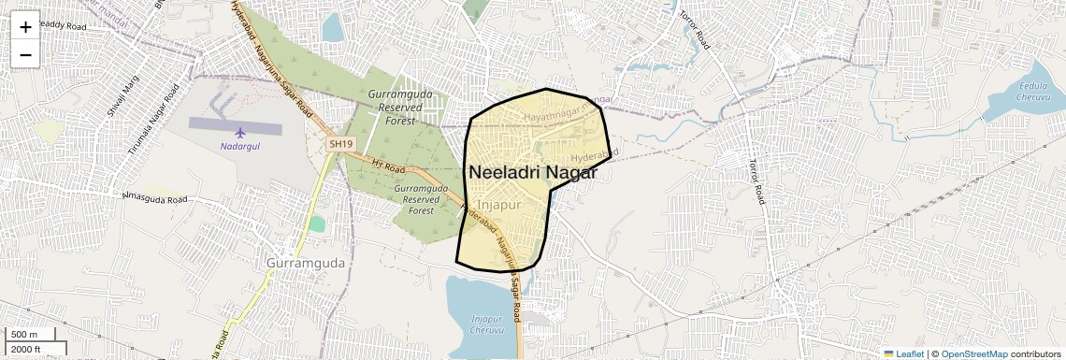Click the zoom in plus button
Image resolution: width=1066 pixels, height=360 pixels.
[25, 26]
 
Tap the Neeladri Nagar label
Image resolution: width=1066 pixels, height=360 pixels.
[532, 172]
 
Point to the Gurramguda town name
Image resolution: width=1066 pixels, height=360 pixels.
[305, 263]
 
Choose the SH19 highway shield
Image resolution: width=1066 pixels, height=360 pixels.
[341, 144]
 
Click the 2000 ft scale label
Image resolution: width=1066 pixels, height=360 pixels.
[26, 349]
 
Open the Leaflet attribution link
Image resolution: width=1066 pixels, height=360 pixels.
[904, 353]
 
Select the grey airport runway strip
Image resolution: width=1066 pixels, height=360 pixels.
[234, 123]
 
